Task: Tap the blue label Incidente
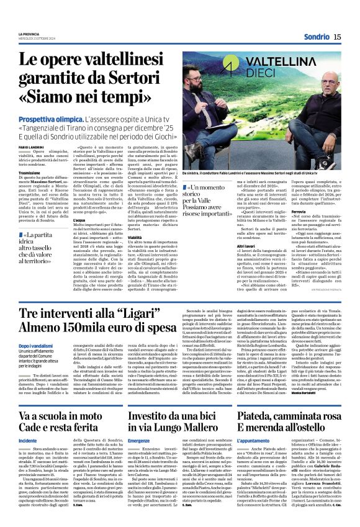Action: pos(28,440)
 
